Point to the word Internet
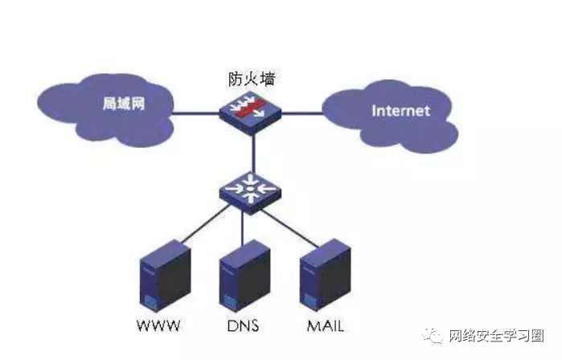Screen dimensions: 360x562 coord(400,111)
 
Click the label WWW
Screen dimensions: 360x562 coord(159,326)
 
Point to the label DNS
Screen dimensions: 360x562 coord(243,326)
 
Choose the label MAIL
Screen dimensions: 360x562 coord(326,326)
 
